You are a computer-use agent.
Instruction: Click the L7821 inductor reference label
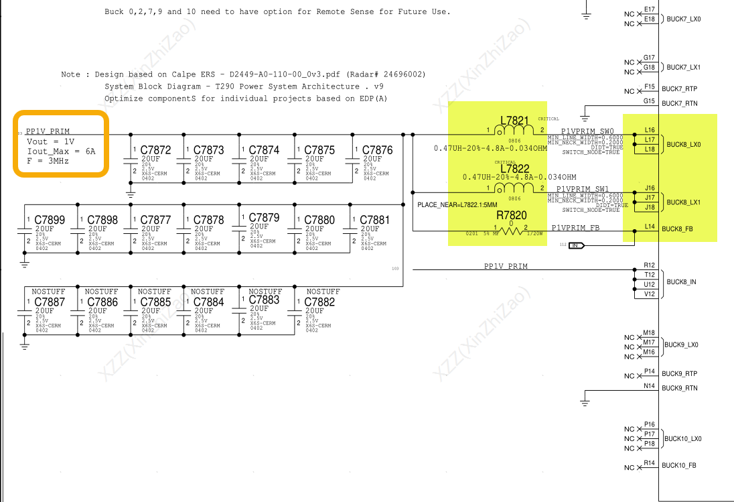pos(515,121)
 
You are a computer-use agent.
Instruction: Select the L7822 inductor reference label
pos(515,169)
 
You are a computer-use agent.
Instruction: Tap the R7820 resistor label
pos(512,216)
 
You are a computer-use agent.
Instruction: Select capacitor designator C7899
pos(50,220)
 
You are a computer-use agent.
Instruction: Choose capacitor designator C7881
pos(374,220)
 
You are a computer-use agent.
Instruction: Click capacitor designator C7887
pos(50,302)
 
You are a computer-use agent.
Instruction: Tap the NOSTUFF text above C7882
pos(323,292)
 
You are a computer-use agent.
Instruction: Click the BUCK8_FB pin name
pos(677,229)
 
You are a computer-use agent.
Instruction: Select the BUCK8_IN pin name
pos(682,282)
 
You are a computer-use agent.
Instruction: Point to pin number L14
pos(650,227)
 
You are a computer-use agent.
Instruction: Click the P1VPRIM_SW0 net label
pos(587,131)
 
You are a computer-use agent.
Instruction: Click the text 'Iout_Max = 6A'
pos(61,151)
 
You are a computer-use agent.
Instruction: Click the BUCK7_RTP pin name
pos(679,88)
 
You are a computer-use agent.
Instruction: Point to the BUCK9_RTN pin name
pos(679,388)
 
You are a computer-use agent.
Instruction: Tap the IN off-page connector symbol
pos(577,246)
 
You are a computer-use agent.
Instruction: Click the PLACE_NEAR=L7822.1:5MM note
pos(457,204)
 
